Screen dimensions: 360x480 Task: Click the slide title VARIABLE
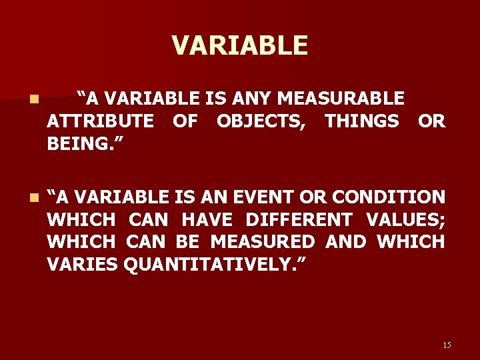[240, 45]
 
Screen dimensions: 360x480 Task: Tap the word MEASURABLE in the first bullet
[341, 99]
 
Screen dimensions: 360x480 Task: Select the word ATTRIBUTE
[100, 121]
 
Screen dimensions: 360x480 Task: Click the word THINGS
[362, 121]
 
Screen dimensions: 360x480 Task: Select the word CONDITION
[389, 197]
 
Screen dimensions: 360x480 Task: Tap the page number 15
[447, 345]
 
